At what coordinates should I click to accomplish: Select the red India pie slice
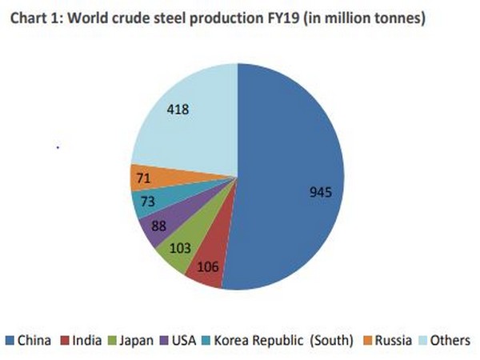pyautogui.click(x=206, y=268)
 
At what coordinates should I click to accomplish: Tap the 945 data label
pyautogui.click(x=320, y=192)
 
